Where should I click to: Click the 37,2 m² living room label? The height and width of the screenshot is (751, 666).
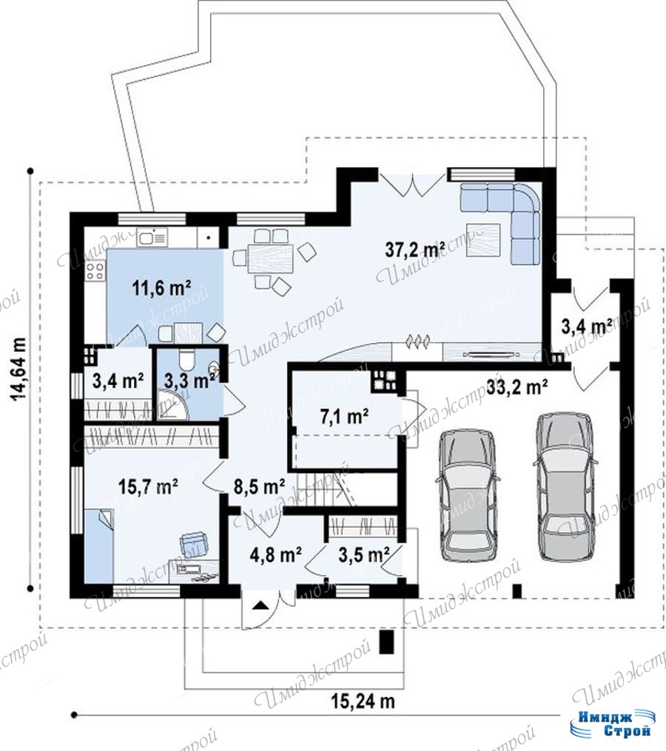(x=415, y=248)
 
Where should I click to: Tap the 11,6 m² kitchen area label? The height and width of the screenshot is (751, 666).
(x=161, y=289)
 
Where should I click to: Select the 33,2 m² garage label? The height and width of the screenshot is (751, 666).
(x=518, y=387)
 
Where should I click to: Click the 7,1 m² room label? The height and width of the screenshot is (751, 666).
(x=344, y=417)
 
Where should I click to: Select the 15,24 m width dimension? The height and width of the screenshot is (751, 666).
(x=363, y=701)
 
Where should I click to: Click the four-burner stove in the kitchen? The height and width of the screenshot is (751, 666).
(x=95, y=271)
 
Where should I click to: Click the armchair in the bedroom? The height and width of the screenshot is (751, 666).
(x=194, y=544)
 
